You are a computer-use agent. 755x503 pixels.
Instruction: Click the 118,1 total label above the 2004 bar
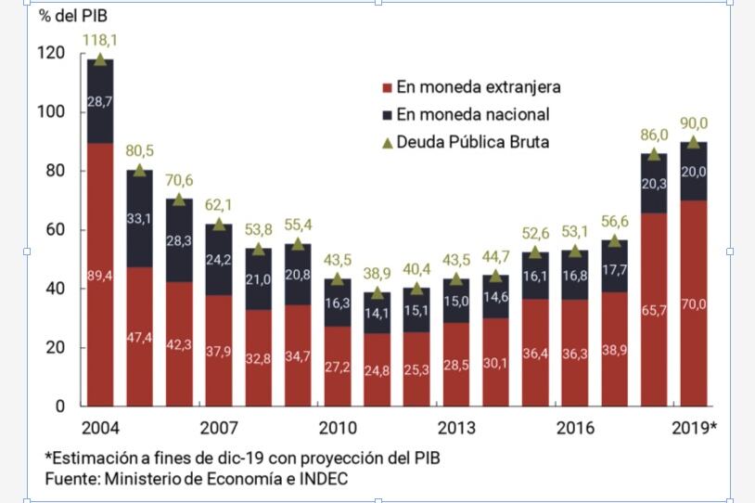(100, 41)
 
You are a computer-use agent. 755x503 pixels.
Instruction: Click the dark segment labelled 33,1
(139, 218)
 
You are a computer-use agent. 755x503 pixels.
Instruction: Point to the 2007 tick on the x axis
(219, 428)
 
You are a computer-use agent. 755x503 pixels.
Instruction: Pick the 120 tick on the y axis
(53, 53)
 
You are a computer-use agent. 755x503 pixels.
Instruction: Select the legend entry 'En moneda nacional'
(473, 114)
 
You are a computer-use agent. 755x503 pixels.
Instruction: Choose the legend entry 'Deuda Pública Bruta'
(472, 142)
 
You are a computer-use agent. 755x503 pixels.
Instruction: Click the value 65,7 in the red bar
(654, 310)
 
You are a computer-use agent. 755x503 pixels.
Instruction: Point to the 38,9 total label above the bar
(377, 275)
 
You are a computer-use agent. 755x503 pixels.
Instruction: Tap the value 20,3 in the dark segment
(654, 184)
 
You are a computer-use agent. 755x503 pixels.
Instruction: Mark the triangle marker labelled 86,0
(654, 154)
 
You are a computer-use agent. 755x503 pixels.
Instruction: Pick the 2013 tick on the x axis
(455, 428)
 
